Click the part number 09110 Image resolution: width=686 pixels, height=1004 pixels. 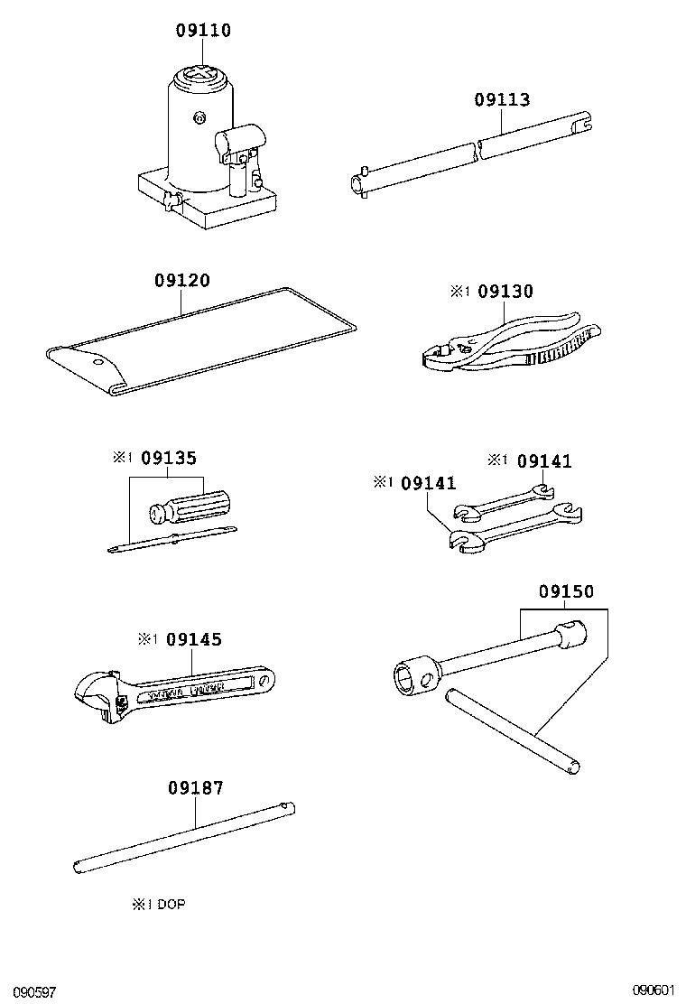pyautogui.click(x=203, y=31)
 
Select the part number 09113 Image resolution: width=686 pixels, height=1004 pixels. pyautogui.click(x=502, y=100)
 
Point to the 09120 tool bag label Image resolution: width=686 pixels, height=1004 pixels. pyautogui.click(x=181, y=281)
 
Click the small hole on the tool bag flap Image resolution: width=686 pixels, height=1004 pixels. pyautogui.click(x=97, y=361)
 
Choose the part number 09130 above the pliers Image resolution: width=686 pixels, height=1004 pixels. pyautogui.click(x=505, y=292)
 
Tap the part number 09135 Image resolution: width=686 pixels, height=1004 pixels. pyautogui.click(x=169, y=458)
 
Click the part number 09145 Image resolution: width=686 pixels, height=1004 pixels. pyautogui.click(x=194, y=639)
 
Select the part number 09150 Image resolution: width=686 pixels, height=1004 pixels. pyautogui.click(x=566, y=592)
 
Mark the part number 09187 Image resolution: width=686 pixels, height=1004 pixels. pyautogui.click(x=195, y=788)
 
